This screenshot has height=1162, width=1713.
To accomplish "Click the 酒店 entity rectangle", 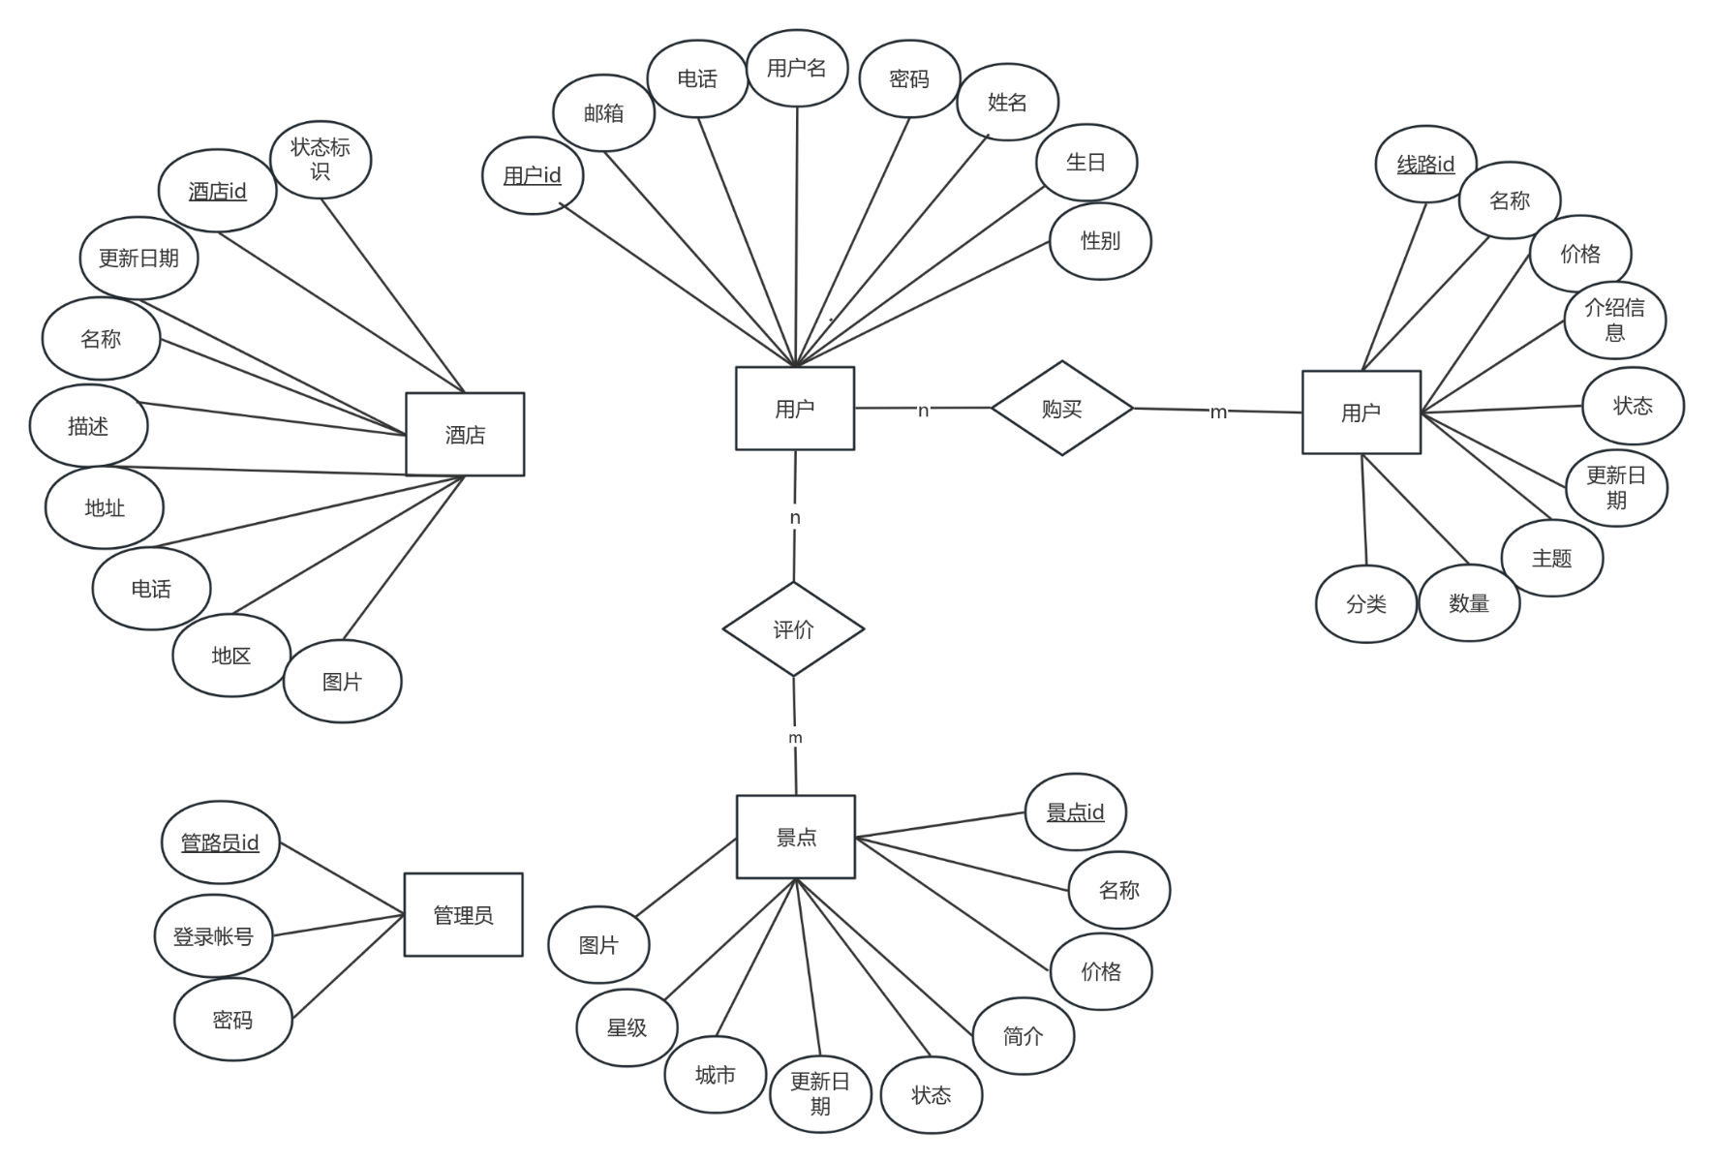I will click(x=465, y=435).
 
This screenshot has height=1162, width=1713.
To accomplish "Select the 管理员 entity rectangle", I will click(x=463, y=915).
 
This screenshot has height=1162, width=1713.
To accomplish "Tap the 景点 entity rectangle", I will click(x=796, y=838).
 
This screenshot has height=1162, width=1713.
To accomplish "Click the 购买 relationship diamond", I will click(x=1061, y=409).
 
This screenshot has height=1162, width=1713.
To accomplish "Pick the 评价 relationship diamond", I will click(x=793, y=629).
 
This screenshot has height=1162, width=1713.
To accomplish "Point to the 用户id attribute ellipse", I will click(x=533, y=175).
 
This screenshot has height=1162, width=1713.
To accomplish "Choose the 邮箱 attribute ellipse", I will click(x=603, y=113).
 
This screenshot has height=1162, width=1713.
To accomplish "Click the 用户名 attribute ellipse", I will click(x=797, y=68).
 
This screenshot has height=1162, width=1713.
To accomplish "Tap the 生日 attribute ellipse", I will click(x=1086, y=162).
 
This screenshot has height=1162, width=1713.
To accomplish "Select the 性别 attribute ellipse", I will click(x=1100, y=240).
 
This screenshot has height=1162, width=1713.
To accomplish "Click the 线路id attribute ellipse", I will click(x=1425, y=165).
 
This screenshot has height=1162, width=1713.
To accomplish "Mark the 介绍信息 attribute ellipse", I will click(x=1614, y=320).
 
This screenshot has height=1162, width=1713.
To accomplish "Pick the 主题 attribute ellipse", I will click(x=1551, y=558).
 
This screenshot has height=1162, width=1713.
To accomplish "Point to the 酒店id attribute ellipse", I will click(x=218, y=191).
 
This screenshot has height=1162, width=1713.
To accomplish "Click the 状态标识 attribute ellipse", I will click(x=321, y=159).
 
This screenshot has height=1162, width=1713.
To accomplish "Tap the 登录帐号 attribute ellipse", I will click(x=213, y=936).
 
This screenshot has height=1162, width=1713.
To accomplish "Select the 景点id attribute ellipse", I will click(x=1075, y=811).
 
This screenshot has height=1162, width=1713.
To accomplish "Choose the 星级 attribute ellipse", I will click(x=627, y=1027).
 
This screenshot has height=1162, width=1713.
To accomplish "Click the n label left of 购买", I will click(x=923, y=411).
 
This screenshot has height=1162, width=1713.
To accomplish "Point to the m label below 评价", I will click(x=795, y=738).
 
